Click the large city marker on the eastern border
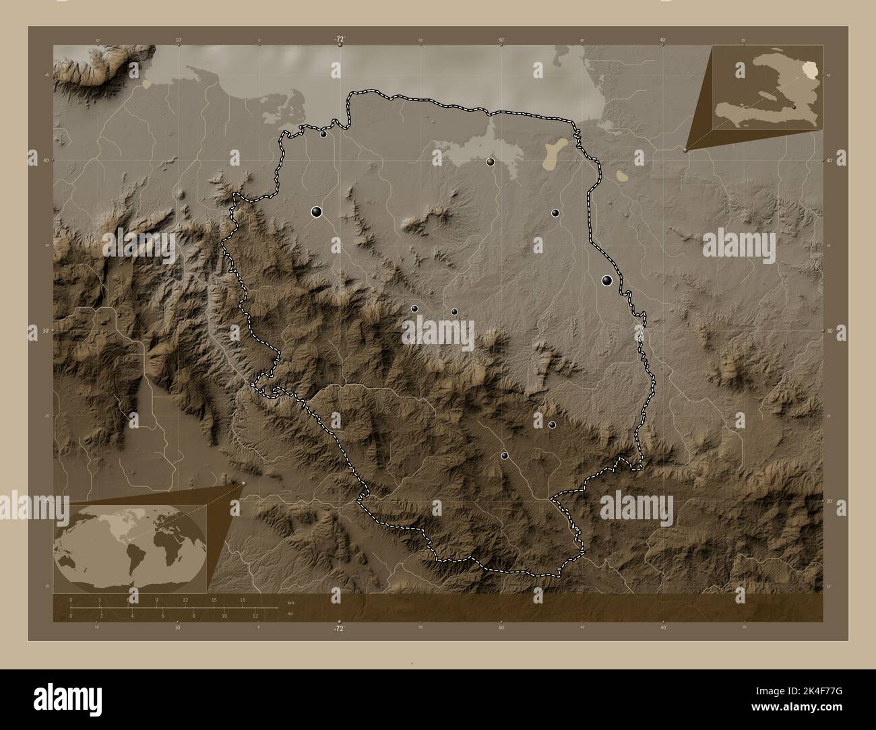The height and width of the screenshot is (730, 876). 607,281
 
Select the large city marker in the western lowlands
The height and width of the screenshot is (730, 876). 317,212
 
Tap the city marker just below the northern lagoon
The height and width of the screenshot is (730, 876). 491,162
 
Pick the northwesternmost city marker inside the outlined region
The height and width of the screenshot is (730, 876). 323,134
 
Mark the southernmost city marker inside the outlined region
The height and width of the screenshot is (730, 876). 505,456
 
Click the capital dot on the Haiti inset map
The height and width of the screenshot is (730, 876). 794,106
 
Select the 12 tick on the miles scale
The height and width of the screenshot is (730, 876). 255,616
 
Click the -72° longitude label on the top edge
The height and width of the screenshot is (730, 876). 340,40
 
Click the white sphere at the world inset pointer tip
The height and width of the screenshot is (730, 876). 243,483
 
